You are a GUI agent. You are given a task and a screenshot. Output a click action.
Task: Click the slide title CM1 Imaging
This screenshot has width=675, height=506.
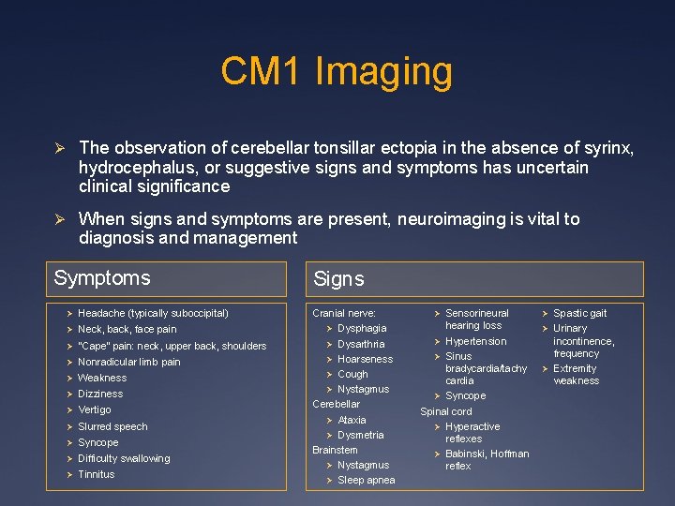pyautogui.click(x=337, y=71)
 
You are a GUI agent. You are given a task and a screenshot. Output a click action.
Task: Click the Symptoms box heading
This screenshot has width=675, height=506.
pyautogui.click(x=102, y=278)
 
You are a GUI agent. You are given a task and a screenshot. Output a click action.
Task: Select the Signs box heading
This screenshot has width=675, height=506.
pyautogui.click(x=338, y=279)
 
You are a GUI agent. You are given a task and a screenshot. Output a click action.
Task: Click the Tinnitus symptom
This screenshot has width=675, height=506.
pyautogui.click(x=96, y=474)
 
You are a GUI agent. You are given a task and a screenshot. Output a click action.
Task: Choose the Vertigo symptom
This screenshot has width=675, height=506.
pyautogui.click(x=94, y=409)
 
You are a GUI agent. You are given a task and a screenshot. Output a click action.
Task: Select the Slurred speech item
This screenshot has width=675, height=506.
pyautogui.click(x=112, y=426)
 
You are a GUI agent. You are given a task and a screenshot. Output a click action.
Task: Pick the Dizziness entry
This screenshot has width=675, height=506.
pyautogui.click(x=100, y=394)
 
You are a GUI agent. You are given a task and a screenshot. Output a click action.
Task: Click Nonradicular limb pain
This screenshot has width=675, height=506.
pyautogui.click(x=129, y=362)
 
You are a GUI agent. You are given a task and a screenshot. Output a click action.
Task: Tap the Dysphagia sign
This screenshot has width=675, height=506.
pyautogui.click(x=362, y=328)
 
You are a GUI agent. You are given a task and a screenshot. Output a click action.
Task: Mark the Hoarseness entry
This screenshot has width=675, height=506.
pyautogui.click(x=365, y=359)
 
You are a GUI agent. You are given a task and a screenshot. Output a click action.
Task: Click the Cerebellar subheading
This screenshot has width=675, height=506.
pyautogui.click(x=336, y=404)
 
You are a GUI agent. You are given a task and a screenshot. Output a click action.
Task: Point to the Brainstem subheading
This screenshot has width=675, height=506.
pyautogui.click(x=335, y=450)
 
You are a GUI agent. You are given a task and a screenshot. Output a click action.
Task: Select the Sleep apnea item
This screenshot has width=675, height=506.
pyautogui.click(x=366, y=480)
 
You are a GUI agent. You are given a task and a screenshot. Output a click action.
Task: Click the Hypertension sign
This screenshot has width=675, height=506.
pyautogui.click(x=475, y=341)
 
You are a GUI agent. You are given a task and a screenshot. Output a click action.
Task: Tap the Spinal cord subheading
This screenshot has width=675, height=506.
pyautogui.click(x=446, y=411)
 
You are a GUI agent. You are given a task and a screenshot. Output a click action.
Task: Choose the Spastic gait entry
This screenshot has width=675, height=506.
pyautogui.click(x=579, y=313)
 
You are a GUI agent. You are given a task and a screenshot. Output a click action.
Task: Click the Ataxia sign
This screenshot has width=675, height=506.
pyautogui.click(x=352, y=420)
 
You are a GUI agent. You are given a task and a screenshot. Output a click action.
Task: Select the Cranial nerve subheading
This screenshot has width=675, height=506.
pyautogui.click(x=344, y=313)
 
